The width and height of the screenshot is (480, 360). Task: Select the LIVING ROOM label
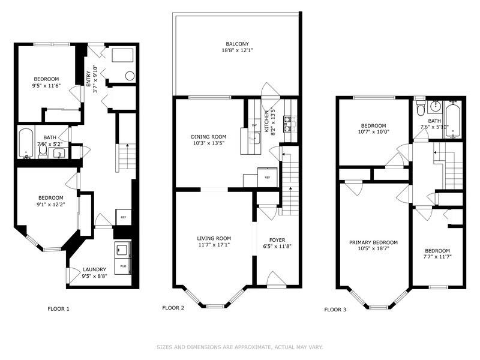pos(214,238)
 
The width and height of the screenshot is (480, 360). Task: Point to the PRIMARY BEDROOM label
pos(373,242)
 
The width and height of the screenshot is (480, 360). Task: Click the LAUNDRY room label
pos(95,269)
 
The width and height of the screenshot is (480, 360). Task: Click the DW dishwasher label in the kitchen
pos(254,125)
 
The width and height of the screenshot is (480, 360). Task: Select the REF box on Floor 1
pos(123,217)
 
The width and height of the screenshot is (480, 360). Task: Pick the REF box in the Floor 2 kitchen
pos(267,178)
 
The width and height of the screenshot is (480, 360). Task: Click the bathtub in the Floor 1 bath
pos(26,143)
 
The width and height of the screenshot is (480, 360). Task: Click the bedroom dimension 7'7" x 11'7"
pos(437,258)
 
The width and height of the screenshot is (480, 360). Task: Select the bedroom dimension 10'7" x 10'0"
pos(373,132)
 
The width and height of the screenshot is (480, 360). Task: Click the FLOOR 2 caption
pos(173,308)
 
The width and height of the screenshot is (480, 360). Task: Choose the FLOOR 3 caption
pos(335,310)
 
